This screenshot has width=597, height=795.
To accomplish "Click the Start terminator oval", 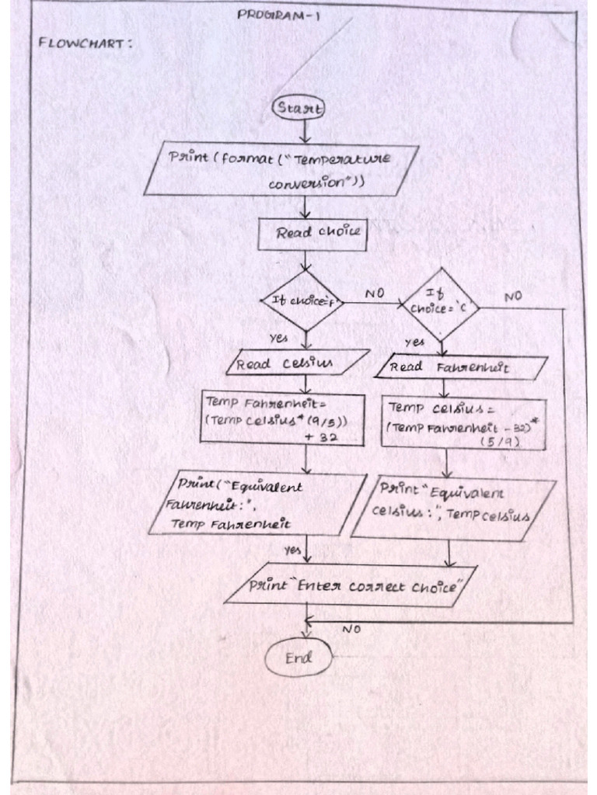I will tap(298, 109).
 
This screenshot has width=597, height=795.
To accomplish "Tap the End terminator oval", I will tap(298, 658).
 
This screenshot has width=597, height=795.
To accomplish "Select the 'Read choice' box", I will tap(312, 233).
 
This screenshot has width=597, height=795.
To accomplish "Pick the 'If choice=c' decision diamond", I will tap(440, 304).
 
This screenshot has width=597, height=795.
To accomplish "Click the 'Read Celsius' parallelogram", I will tap(298, 363).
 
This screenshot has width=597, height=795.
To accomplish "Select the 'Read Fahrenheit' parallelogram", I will tap(460, 367).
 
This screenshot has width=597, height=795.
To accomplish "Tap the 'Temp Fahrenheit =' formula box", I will tap(282, 418).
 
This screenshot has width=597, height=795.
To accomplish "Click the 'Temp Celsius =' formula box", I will tap(463, 424).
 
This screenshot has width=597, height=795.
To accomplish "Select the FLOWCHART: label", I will tap(85, 43).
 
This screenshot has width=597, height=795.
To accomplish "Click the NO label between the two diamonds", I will tap(375, 294).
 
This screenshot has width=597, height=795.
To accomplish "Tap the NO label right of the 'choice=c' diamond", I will tap(513, 297).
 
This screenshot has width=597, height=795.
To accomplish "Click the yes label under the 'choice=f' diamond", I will tap(278, 338).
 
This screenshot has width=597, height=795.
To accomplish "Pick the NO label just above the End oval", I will tap(351, 630).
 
